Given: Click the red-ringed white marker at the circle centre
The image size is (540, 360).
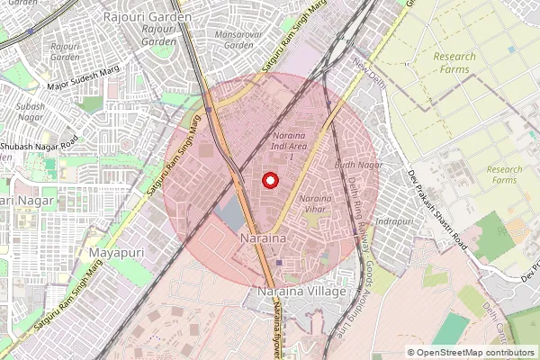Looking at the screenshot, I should [x=269, y=180].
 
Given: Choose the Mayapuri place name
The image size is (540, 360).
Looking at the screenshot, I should [x=113, y=254].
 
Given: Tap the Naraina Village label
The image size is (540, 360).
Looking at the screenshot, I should [x=301, y=293].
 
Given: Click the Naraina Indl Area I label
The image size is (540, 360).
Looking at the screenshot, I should [x=294, y=141].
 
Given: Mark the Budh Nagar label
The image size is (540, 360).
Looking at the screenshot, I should [x=352, y=166].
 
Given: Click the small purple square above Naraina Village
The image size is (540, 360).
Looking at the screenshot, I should [x=279, y=263].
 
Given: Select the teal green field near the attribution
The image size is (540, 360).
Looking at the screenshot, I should [x=450, y=329].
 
